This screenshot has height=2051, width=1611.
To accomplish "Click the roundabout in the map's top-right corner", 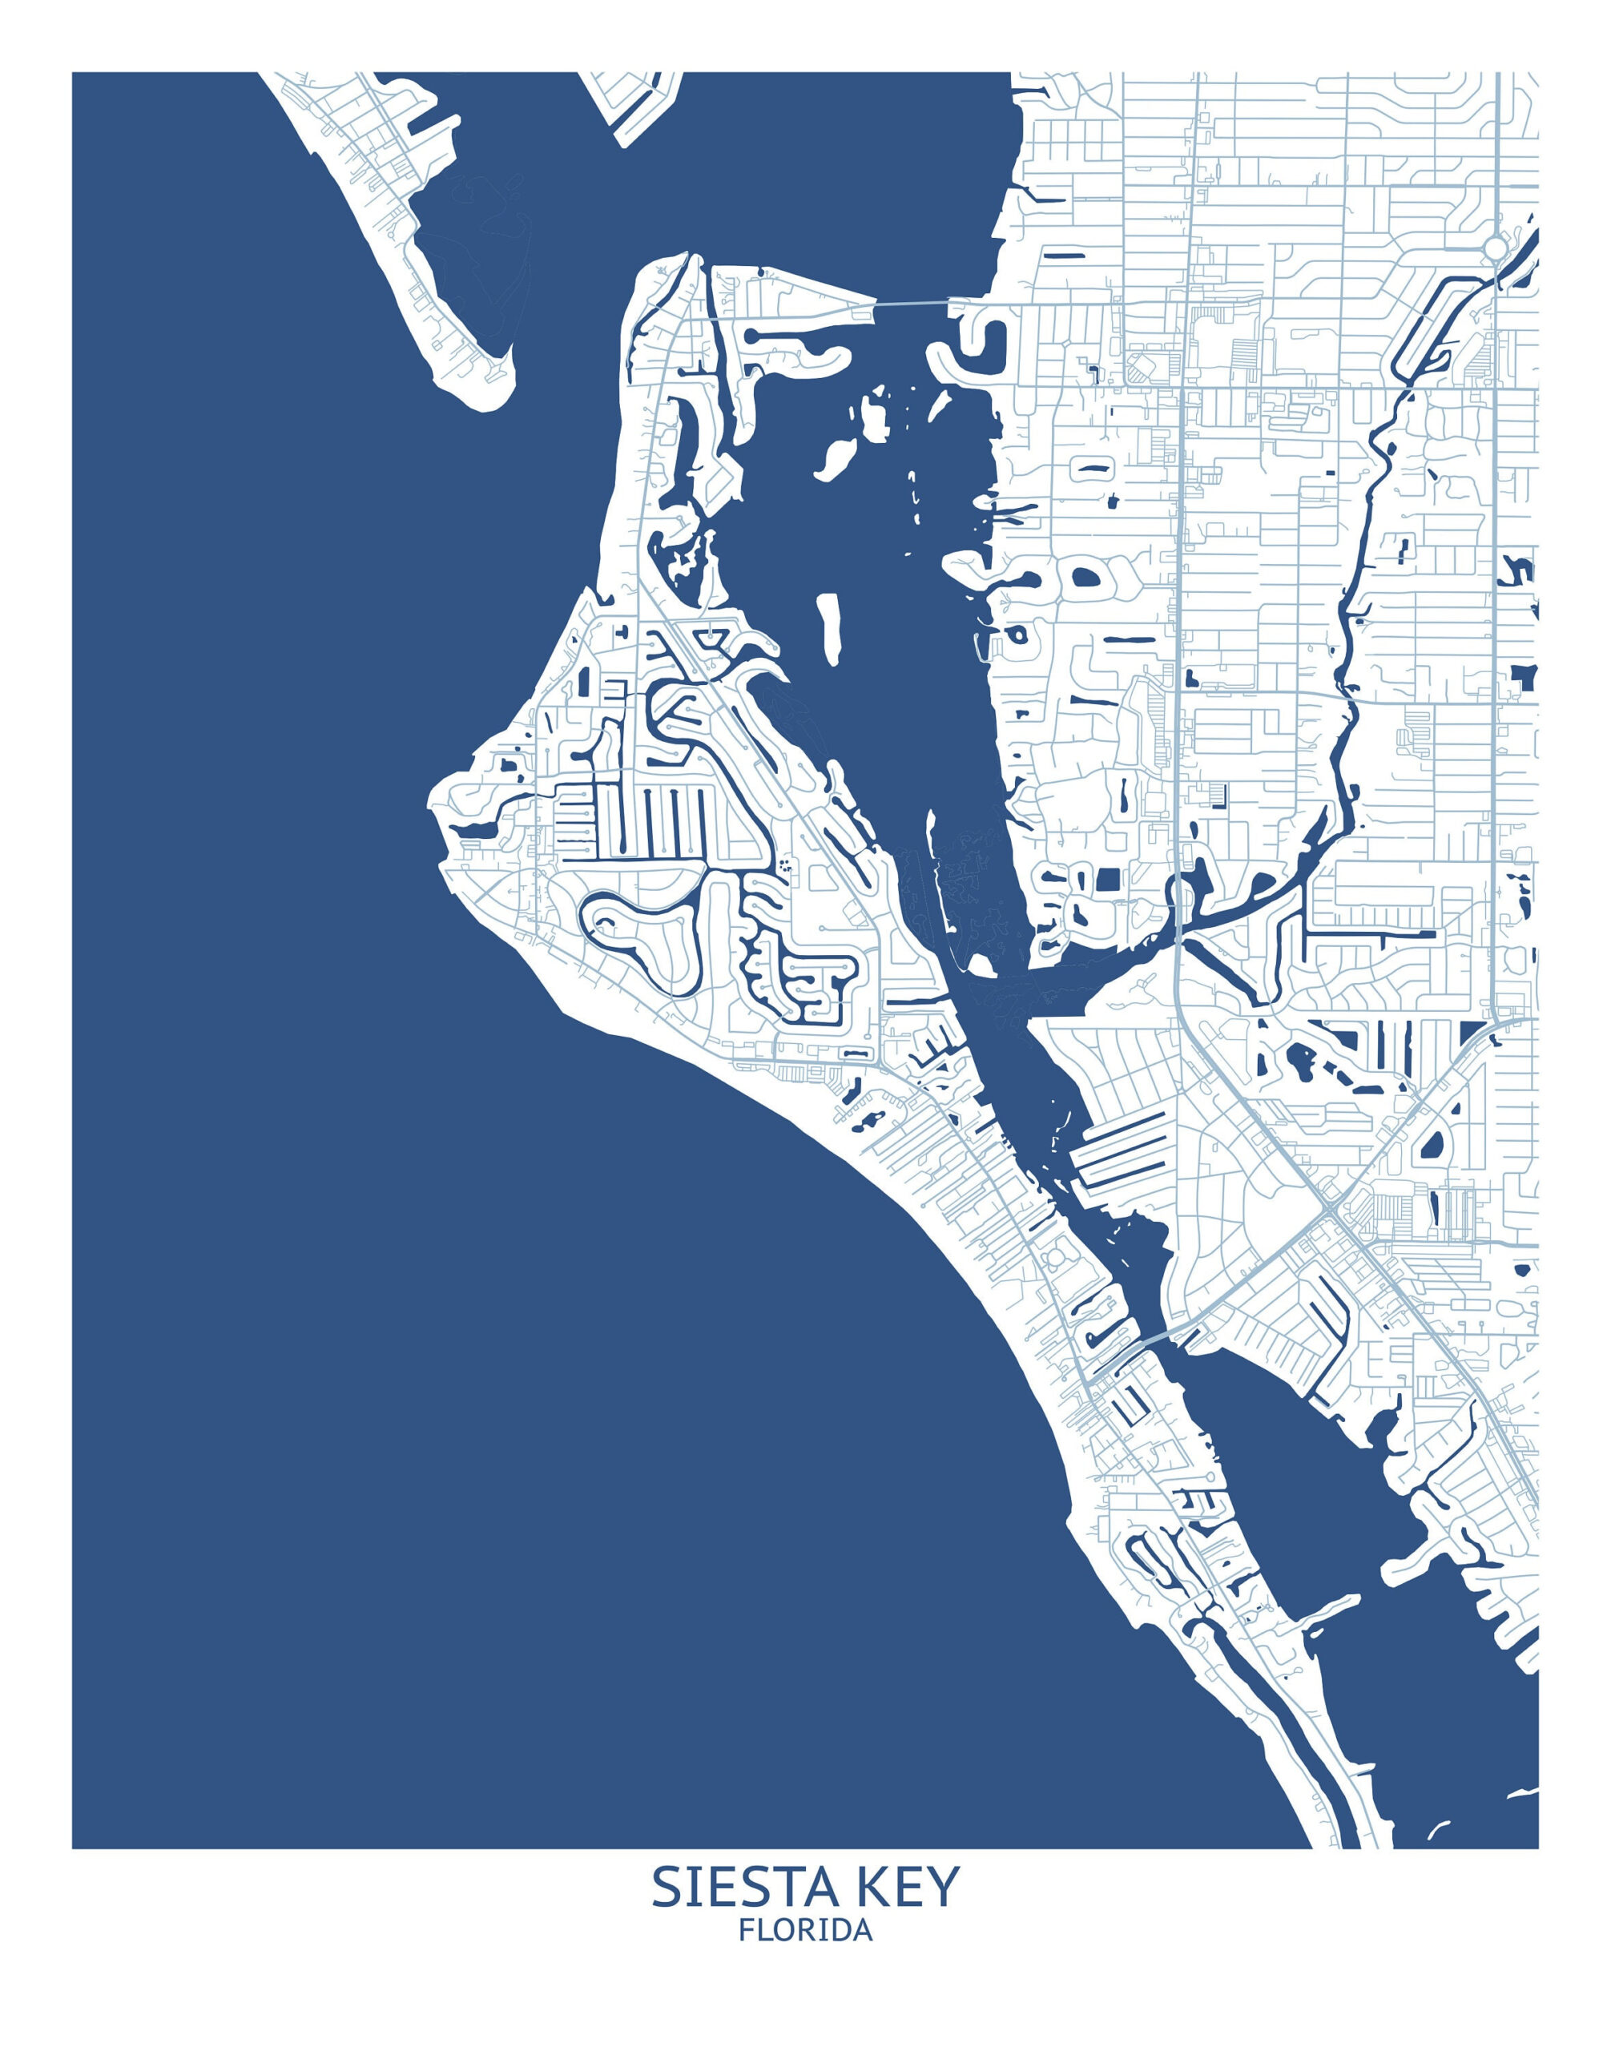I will click(x=1495, y=249).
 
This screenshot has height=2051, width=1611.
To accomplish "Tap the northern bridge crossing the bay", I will click(x=911, y=303).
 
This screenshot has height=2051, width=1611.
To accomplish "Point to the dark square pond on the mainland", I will click(x=1106, y=879).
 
